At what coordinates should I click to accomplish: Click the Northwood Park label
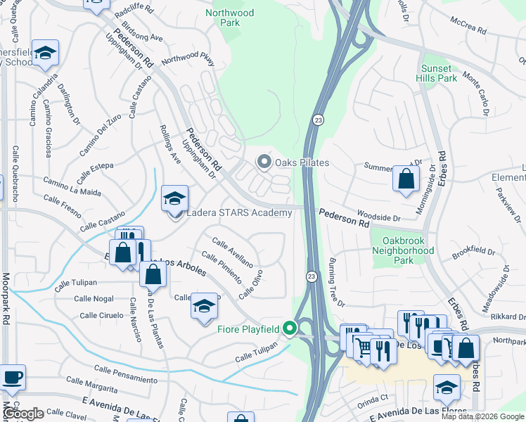[x=230, y=18]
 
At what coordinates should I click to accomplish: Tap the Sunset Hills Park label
[x=439, y=73]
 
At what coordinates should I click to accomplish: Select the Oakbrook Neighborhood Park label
[x=403, y=250]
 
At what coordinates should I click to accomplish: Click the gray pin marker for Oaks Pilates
[x=264, y=162]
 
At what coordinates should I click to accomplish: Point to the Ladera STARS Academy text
[x=239, y=213]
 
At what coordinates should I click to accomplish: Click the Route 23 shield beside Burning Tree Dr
[x=311, y=278]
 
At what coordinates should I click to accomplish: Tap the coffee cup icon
[x=12, y=377]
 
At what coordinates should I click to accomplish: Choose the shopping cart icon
[x=363, y=346]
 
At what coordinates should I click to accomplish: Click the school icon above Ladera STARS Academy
[x=174, y=198]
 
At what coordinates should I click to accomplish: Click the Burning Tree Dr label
[x=335, y=282]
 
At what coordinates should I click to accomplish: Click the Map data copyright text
[x=482, y=416]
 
